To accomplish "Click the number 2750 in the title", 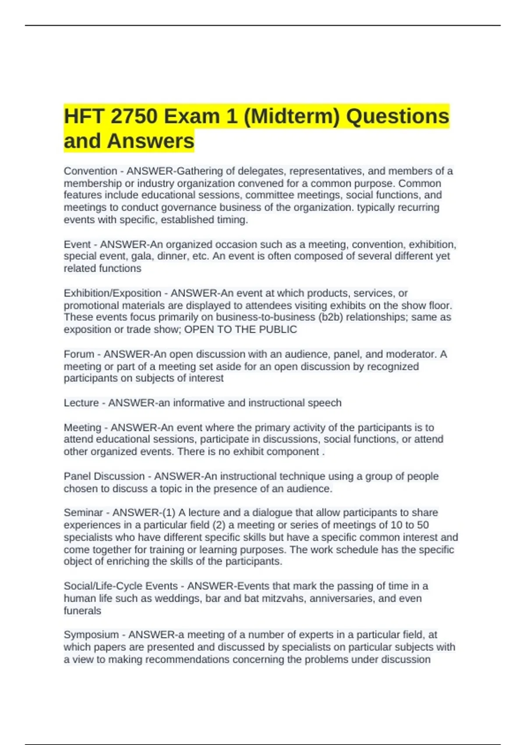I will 134,117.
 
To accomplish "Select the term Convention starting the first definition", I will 90,171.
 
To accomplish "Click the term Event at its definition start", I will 77,244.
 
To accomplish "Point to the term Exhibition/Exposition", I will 113,293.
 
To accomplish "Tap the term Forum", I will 79,354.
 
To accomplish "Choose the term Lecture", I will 81,403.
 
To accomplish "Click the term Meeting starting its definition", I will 82,427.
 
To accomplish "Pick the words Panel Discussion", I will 104,476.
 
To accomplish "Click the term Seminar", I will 83,513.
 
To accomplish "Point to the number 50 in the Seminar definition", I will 423,525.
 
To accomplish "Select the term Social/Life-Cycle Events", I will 121,586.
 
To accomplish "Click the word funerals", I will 82,610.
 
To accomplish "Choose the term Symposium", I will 91,635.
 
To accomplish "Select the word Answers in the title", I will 150,141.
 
